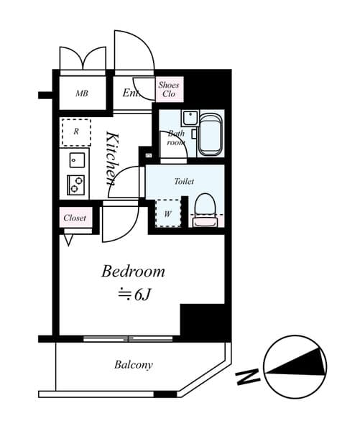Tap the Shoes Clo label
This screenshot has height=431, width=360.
[x=170, y=89]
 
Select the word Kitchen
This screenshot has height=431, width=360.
[x=111, y=158]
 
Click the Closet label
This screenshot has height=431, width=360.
[x=75, y=218]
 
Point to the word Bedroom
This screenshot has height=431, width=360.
[x=133, y=272]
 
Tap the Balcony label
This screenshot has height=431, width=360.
[x=134, y=365]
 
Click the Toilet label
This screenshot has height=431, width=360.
[x=184, y=182]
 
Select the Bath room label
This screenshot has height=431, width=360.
[x=177, y=137]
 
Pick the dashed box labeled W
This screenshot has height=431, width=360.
[x=167, y=213]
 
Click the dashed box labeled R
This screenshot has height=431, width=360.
[x=75, y=131]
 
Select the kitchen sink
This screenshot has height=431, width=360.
[x=77, y=159]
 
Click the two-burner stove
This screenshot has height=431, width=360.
[x=77, y=185]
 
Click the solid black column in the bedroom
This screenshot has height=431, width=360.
[x=203, y=321]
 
